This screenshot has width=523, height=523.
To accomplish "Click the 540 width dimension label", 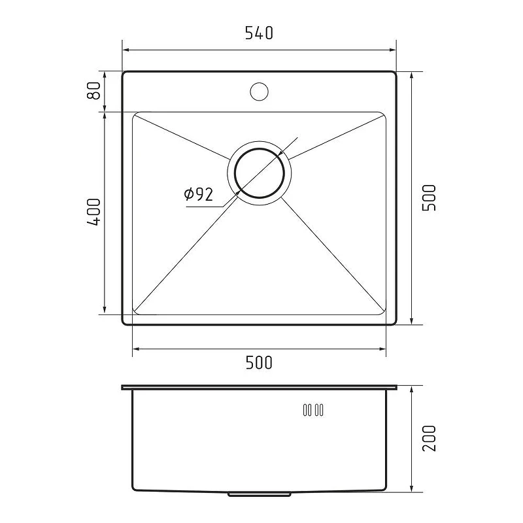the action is [259, 33].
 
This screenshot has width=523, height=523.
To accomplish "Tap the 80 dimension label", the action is [93, 90].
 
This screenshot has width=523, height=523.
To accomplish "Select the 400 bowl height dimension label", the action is [93, 212].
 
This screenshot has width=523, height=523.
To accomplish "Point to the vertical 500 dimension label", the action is [429, 197].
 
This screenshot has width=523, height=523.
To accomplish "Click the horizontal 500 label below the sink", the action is [259, 363].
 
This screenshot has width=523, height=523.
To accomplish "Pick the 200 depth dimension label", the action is [429, 438].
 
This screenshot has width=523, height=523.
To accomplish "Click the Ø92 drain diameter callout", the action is [199, 194].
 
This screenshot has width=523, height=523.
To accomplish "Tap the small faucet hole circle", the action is [259, 92].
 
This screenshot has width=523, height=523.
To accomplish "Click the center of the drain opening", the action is [259, 173].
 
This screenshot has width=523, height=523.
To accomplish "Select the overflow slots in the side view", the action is [313, 410].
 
